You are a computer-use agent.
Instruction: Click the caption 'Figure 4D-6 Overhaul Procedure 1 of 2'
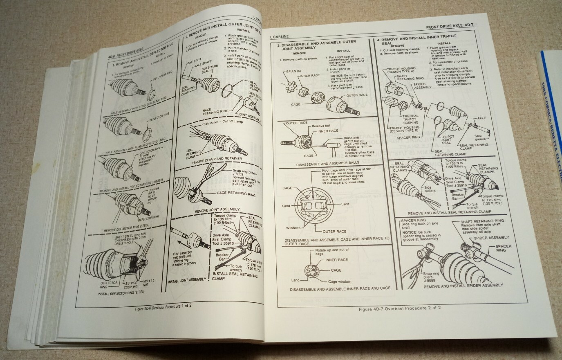pos(163,308)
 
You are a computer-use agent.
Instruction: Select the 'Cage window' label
pos(339,281)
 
